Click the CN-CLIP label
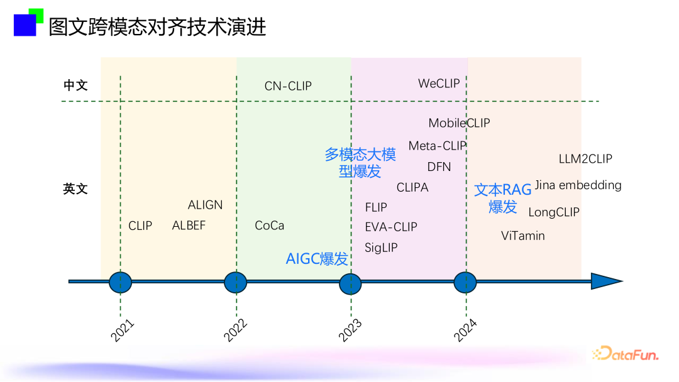coord(288,86)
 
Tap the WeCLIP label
coord(439,83)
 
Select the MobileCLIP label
coord(459,123)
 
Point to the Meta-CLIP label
coord(438,146)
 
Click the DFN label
coord(439,166)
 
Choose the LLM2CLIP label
coord(585,159)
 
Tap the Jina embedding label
coord(578,185)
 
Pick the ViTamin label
coord(523,236)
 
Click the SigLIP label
coord(381,248)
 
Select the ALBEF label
coord(189,226)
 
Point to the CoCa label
coord(269,226)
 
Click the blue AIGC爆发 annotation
coord(317,258)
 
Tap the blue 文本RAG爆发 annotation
coord(503,198)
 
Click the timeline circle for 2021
coord(120,282)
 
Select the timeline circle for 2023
coord(350,283)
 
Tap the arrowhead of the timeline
coord(606,281)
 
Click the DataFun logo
coord(626,354)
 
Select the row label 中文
coord(75,85)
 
